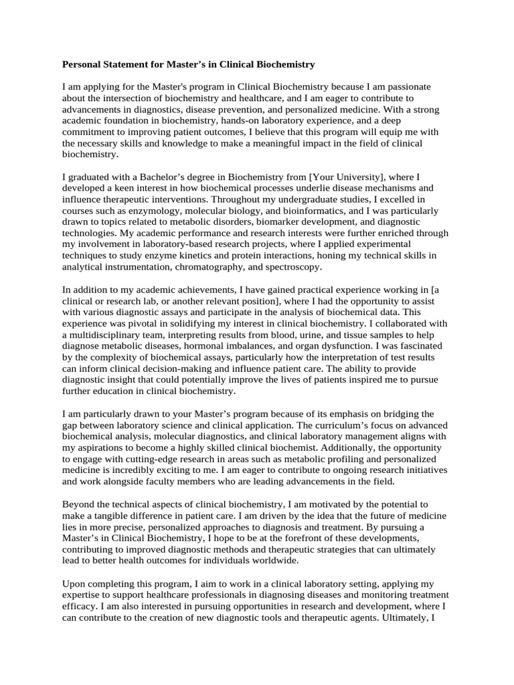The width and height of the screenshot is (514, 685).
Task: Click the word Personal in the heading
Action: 82,65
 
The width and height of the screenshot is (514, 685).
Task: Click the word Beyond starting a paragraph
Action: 79,504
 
